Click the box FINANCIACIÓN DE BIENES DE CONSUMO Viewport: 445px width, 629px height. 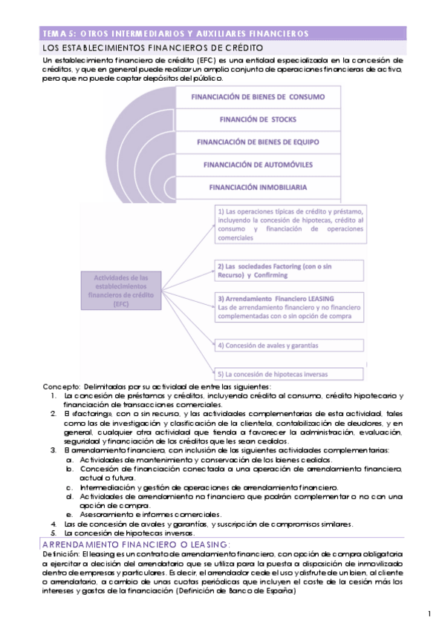point(259,96)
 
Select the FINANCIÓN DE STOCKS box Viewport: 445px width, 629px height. point(259,119)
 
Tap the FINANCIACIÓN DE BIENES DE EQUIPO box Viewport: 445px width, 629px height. point(259,141)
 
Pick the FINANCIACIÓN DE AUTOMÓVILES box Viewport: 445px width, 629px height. point(259,164)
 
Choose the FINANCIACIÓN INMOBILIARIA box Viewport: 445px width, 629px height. point(259,187)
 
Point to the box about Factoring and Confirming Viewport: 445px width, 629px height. point(290,269)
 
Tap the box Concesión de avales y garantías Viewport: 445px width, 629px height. point(290,345)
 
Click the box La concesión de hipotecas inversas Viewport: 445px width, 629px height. point(290,374)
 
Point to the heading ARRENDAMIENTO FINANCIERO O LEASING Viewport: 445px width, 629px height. point(136,544)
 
